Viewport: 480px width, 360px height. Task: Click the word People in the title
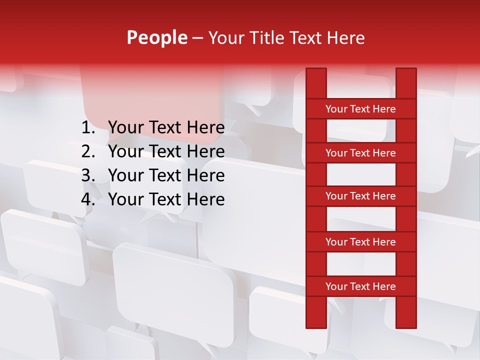(x=156, y=38)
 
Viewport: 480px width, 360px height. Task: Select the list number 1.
(x=88, y=128)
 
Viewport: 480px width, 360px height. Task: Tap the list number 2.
(x=88, y=151)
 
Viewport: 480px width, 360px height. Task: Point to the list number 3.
(x=88, y=175)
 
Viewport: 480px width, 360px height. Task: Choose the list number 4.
(x=88, y=199)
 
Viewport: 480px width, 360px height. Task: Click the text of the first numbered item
(x=166, y=128)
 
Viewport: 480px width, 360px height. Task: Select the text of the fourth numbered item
(x=166, y=199)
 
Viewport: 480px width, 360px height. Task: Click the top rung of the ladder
(x=360, y=109)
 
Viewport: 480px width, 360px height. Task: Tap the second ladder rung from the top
(x=360, y=153)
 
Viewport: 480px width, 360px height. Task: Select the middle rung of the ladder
(x=360, y=196)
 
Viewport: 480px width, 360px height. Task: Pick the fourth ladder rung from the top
(x=360, y=242)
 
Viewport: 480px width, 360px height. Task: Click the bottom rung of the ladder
(x=360, y=286)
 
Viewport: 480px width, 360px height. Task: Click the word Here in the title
(x=346, y=38)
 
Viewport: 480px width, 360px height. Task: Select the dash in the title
(x=197, y=38)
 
